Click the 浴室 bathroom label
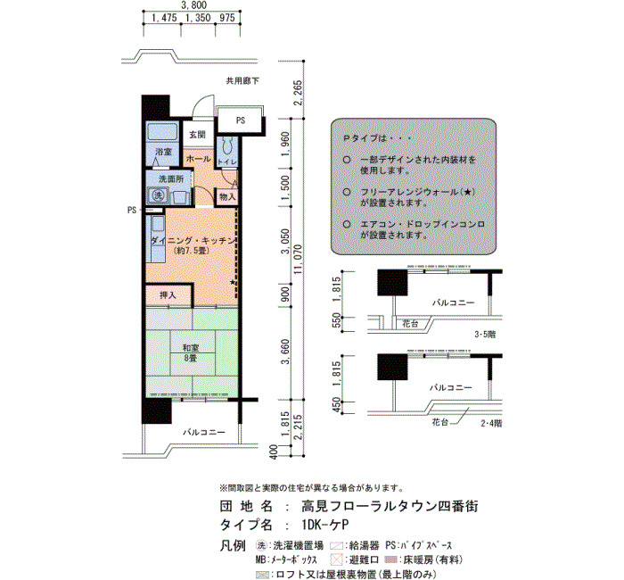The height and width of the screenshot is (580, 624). [163, 152]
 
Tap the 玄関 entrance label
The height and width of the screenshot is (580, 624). [197, 135]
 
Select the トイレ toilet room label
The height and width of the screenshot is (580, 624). [227, 162]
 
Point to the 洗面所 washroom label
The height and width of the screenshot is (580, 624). [171, 179]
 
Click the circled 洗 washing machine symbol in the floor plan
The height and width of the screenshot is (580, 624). [159, 195]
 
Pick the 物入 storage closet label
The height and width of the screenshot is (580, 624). [227, 197]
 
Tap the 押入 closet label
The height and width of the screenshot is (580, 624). [168, 295]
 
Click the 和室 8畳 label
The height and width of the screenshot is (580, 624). [190, 353]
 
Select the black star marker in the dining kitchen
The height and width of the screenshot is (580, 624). [233, 282]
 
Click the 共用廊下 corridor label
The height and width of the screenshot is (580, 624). [242, 81]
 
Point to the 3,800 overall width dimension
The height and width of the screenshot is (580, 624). [193, 5]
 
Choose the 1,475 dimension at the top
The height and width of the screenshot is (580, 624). [164, 19]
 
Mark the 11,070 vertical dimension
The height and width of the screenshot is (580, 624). [298, 260]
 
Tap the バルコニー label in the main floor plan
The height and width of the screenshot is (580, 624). [204, 432]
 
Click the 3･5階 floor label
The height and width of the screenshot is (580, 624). [485, 335]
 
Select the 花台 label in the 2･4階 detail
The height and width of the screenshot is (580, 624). [439, 422]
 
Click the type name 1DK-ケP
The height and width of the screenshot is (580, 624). [325, 525]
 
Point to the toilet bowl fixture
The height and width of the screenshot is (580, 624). [227, 145]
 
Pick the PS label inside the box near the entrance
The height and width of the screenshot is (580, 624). [241, 120]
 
